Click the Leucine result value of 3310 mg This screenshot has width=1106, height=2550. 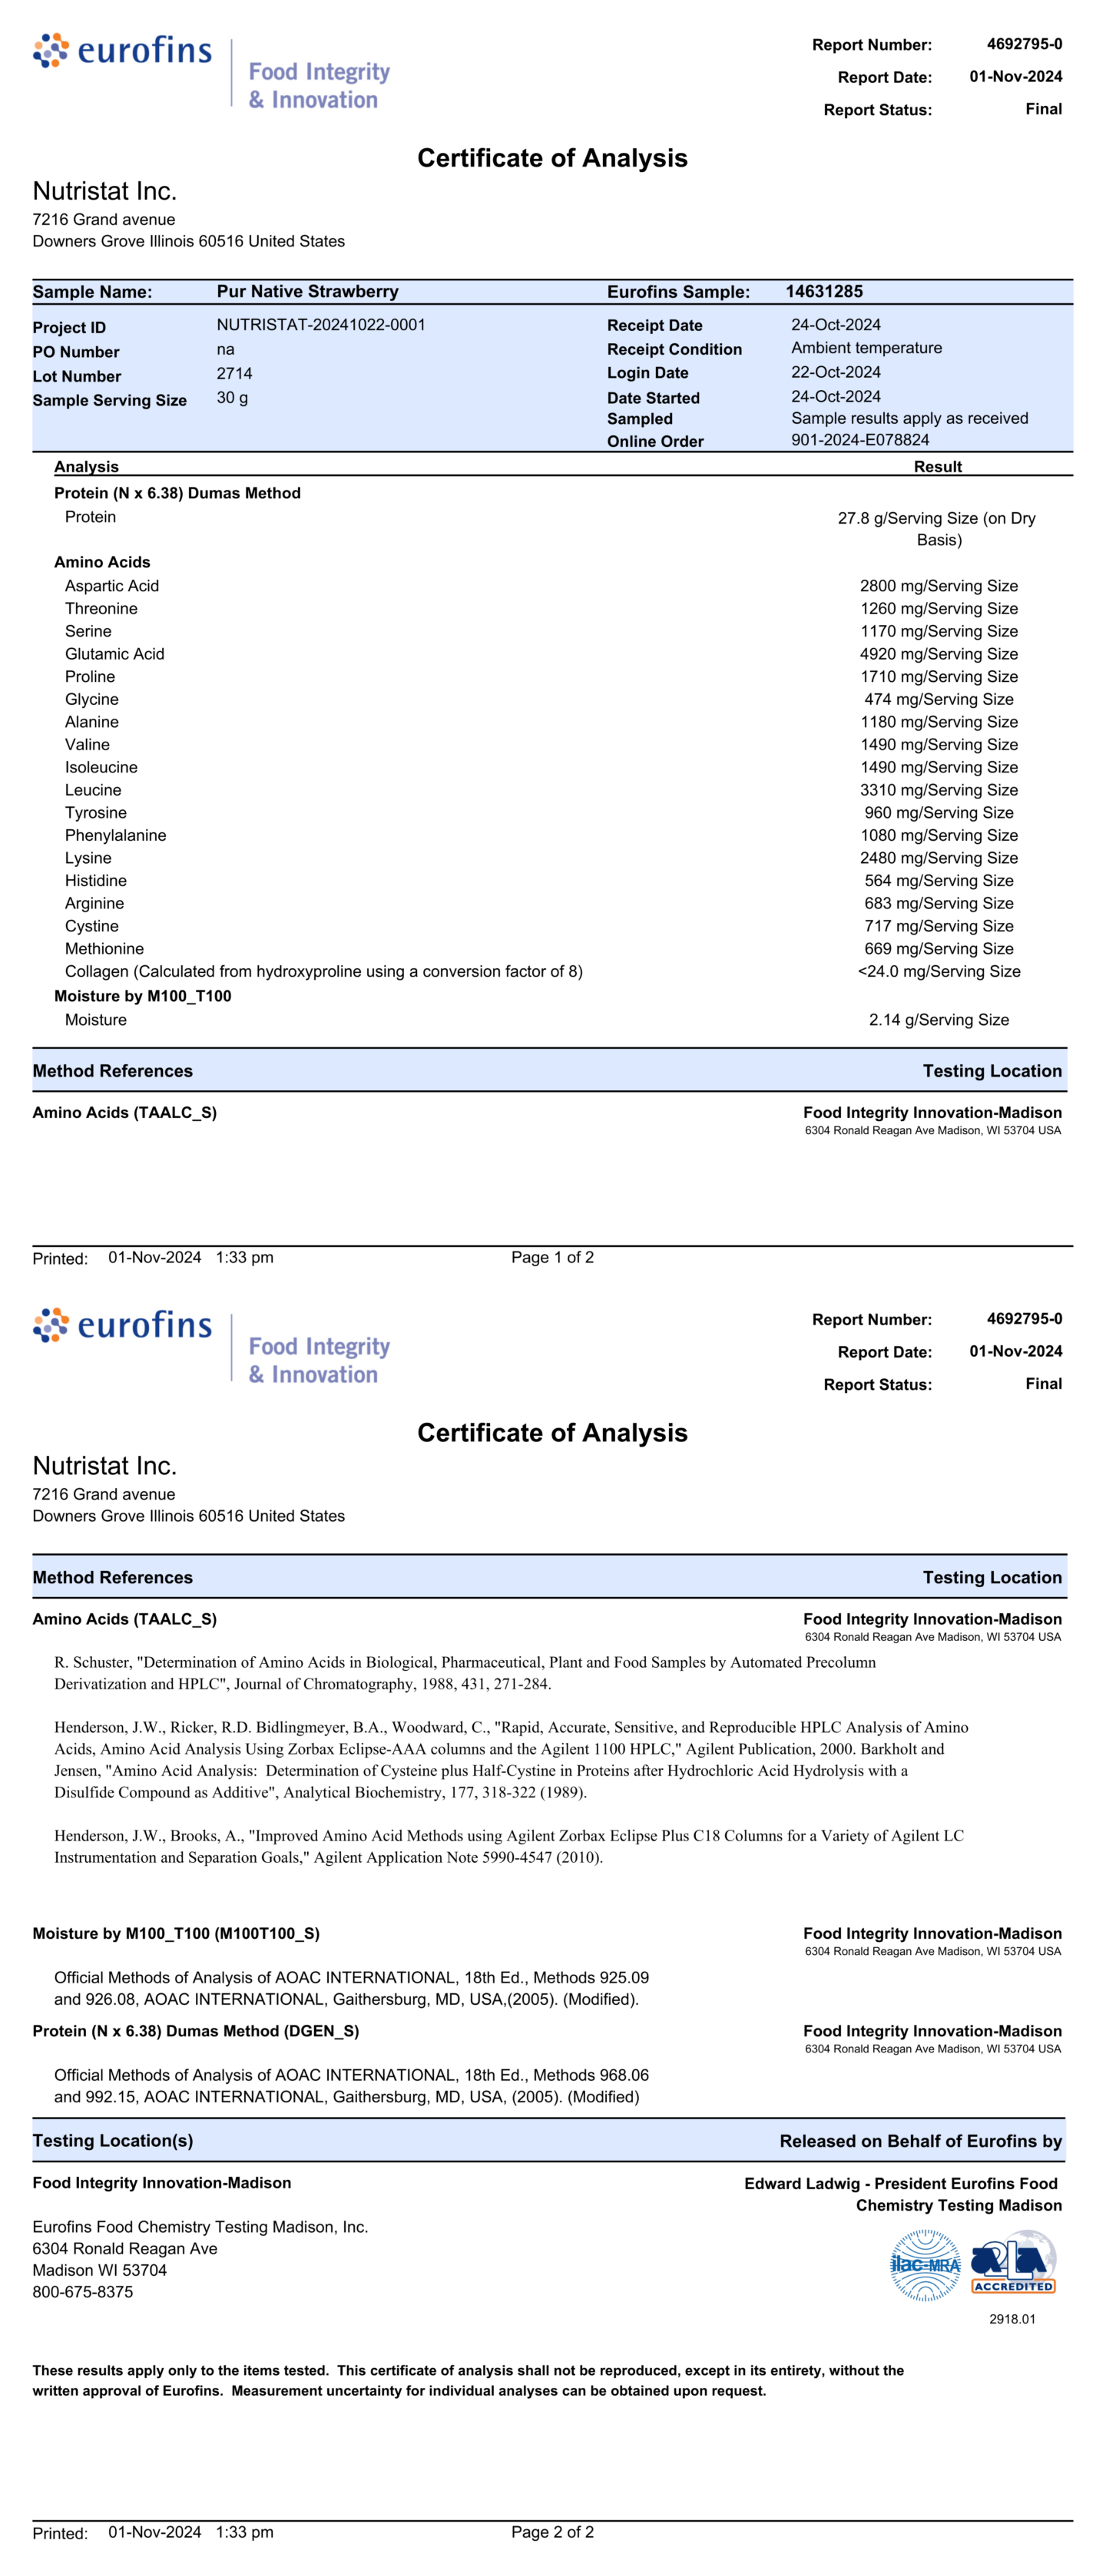point(938,790)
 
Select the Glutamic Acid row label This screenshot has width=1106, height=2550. point(115,654)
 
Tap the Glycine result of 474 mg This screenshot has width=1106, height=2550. point(938,700)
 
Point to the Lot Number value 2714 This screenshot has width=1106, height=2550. point(235,374)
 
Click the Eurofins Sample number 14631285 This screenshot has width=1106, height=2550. point(824,292)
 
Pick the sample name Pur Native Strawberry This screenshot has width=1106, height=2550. point(307,292)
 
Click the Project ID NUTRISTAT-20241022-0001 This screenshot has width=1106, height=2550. point(321,325)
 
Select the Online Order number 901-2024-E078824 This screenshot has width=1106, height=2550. point(859,441)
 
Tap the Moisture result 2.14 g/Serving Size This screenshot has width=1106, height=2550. point(938,1020)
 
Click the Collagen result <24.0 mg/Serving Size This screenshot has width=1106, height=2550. point(938,972)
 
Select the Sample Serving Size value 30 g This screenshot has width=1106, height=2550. point(233,398)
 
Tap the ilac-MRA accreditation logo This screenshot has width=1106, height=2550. point(925,2265)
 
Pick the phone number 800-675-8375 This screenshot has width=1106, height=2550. point(82,2293)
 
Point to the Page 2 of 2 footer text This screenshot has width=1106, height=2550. point(552,2532)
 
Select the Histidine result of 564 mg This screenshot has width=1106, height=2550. point(938,881)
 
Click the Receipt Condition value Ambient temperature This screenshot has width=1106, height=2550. point(866,349)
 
